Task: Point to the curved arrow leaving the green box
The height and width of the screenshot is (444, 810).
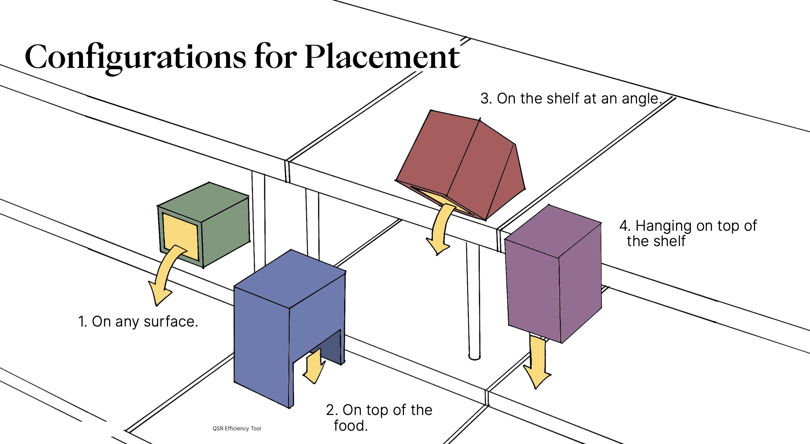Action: (164, 276)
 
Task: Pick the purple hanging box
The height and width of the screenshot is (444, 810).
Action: (553, 276)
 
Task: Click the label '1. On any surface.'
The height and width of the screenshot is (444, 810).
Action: (138, 322)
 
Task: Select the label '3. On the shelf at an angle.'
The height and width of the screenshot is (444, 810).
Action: (571, 99)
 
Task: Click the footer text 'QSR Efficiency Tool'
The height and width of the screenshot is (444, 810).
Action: (237, 429)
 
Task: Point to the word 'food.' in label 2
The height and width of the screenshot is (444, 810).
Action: (350, 426)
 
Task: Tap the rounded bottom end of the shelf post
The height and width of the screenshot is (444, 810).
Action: (474, 357)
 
